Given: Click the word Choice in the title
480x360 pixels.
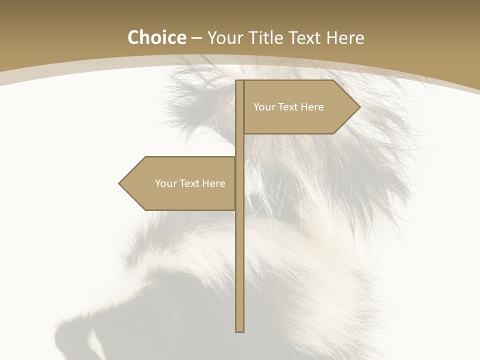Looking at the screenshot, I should coord(156,38).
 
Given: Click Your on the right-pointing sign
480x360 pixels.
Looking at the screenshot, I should coord(264,107).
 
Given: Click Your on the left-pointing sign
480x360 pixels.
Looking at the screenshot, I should coord(165,183).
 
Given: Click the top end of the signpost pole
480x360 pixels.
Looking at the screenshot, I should coord(240,81).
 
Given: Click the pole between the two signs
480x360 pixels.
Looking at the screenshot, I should coord(240,145).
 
